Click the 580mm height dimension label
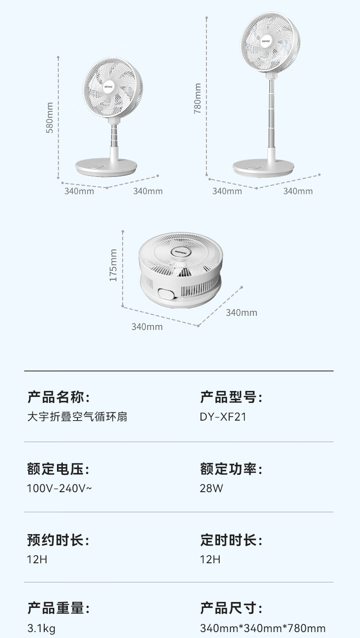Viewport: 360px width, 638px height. pos(50,118)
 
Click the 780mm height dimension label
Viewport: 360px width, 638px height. pos(197,98)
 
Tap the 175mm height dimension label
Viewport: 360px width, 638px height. pos(113,265)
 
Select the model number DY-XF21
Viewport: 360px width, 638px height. pos(223,417)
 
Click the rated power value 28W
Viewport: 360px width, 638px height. pos(211,488)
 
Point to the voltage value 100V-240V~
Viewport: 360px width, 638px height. pos(59,488)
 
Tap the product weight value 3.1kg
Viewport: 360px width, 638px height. pos(41,628)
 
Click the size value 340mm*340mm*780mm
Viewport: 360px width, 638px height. pos(262,628)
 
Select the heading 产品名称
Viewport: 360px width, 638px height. pos(56,397)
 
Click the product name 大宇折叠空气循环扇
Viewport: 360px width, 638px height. pos(77,417)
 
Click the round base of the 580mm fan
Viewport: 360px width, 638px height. pos(106,167)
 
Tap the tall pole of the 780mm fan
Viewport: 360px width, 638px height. pos(272,113)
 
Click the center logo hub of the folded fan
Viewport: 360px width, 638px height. pos(180,252)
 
